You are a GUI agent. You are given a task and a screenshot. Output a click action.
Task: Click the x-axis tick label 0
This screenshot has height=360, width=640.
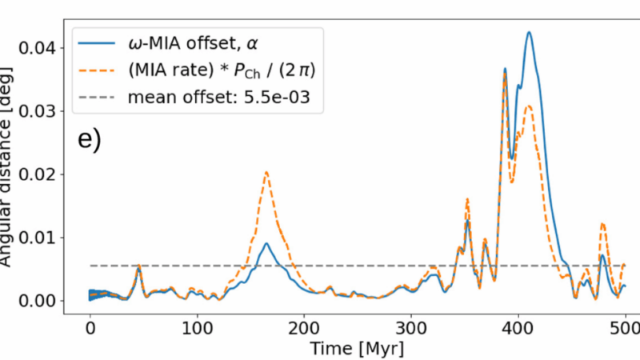(x=90, y=329)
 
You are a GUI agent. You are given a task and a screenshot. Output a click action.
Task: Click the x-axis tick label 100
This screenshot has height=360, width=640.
(x=197, y=329)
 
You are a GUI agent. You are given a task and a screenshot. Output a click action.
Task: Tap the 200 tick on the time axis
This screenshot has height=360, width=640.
(x=304, y=329)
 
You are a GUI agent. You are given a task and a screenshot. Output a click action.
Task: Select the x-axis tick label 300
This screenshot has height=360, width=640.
(x=411, y=329)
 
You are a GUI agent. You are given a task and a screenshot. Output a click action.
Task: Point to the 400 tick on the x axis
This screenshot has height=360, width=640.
(x=518, y=329)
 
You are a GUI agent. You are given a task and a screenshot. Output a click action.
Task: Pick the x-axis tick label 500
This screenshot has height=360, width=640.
(x=626, y=329)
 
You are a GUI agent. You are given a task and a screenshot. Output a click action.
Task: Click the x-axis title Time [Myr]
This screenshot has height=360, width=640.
(x=358, y=349)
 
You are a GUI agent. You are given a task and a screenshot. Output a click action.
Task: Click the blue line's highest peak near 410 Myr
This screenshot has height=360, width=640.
(x=529, y=32)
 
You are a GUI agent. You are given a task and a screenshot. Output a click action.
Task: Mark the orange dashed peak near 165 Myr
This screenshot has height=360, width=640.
(x=266, y=172)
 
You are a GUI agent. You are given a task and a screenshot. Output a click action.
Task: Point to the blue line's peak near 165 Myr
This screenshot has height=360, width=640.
(x=266, y=243)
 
